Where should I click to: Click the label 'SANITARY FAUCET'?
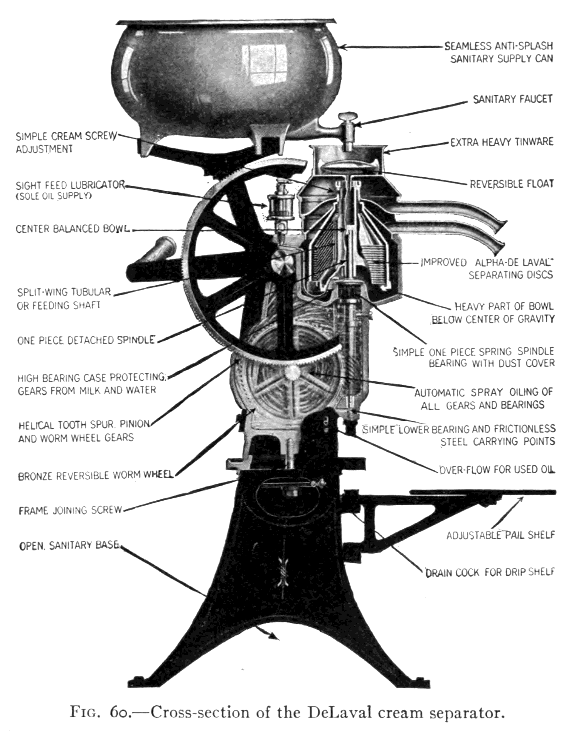tap(512, 99)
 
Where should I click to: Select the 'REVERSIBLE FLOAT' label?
tap(511, 184)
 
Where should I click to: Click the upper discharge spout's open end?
tap(501, 226)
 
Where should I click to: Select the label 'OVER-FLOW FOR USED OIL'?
tap(497, 470)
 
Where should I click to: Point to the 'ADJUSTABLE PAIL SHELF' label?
tap(500, 535)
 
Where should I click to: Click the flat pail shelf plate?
tap(482, 492)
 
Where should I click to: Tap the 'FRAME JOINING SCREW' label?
tap(71, 510)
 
